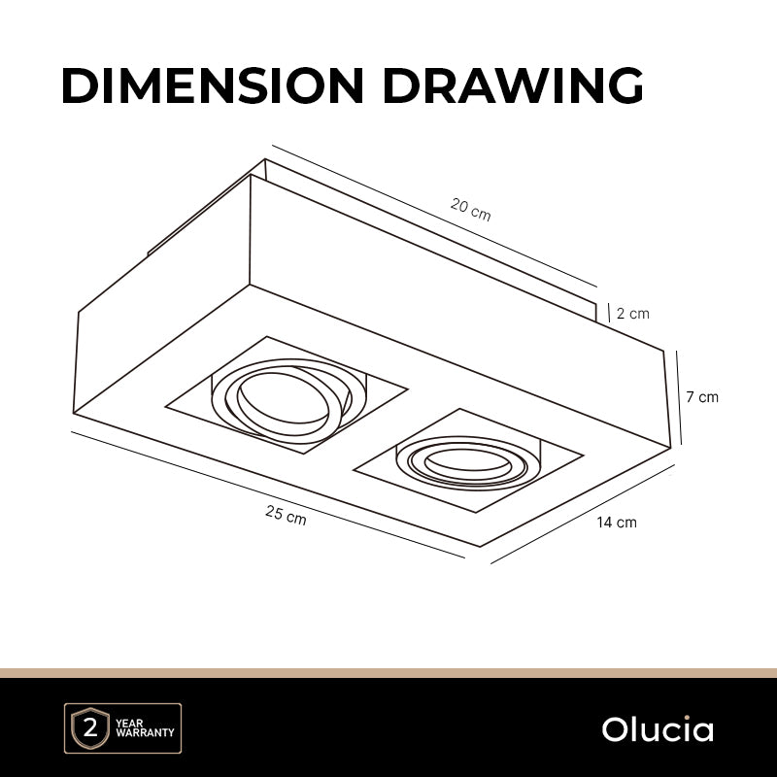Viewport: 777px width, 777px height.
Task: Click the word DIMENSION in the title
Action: [x=213, y=85]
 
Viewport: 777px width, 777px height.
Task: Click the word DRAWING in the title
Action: [x=513, y=85]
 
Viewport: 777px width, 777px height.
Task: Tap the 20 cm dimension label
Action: [x=471, y=209]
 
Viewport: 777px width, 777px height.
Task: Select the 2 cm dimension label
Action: [x=633, y=313]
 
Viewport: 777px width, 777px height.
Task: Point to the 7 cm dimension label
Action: [x=702, y=396]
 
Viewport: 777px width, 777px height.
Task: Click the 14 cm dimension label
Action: [x=617, y=522]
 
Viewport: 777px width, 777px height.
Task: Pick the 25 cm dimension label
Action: [x=286, y=515]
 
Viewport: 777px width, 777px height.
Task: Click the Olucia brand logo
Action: [x=658, y=729]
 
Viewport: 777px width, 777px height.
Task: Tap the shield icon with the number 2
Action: [x=90, y=727]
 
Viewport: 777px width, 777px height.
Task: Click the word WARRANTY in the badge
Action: [x=145, y=732]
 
